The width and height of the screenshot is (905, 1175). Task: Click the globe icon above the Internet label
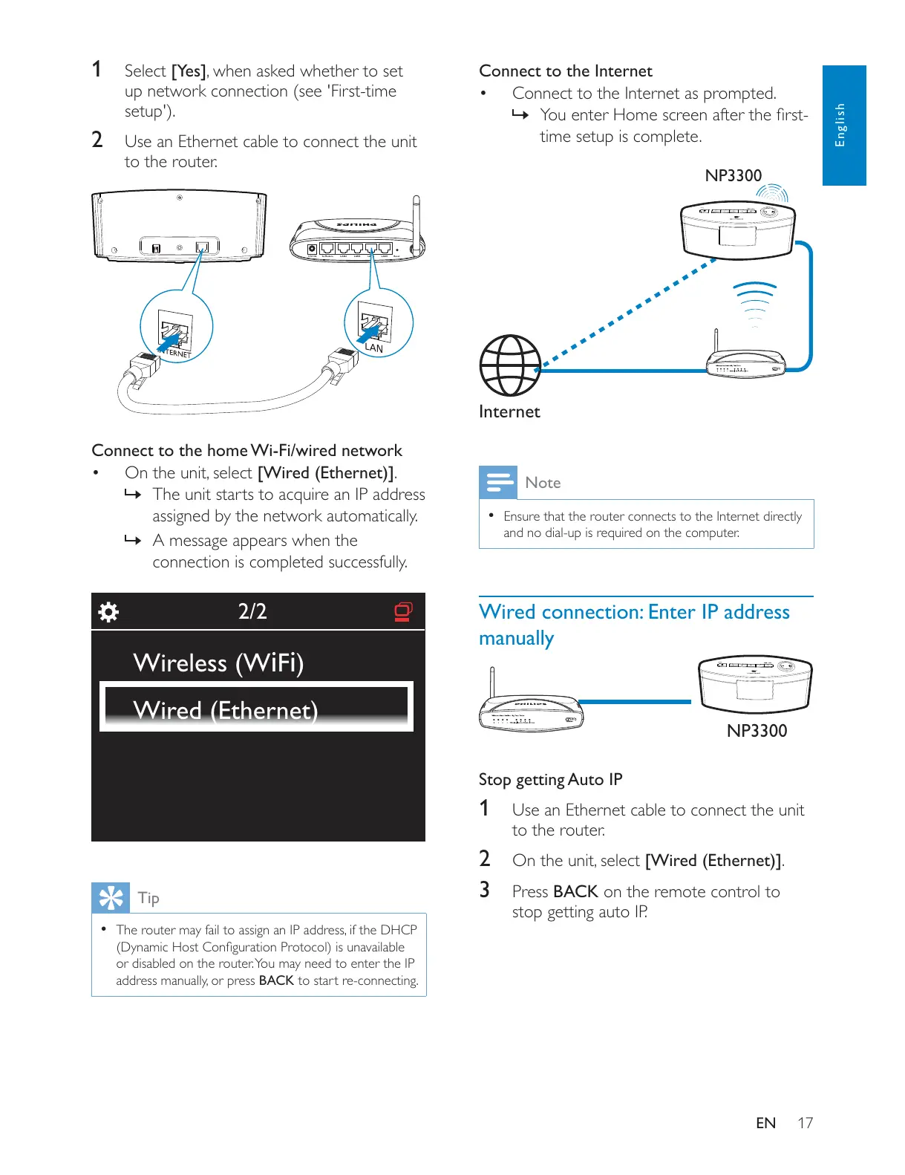(x=510, y=365)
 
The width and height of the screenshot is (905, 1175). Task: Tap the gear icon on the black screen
(x=108, y=612)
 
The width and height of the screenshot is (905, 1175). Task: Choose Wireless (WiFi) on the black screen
(x=218, y=663)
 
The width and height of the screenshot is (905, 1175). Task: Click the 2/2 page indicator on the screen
(x=252, y=611)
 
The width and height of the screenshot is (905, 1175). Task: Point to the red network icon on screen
(x=403, y=611)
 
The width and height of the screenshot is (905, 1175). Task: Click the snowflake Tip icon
(x=111, y=898)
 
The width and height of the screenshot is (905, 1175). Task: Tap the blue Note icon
(x=497, y=483)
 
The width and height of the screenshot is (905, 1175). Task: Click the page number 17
(x=806, y=1123)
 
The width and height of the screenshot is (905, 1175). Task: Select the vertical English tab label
(x=840, y=125)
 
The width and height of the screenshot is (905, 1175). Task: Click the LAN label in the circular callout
(x=374, y=348)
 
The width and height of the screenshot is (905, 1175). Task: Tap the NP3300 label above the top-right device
(x=733, y=176)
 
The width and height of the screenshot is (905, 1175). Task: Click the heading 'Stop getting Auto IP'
(x=550, y=779)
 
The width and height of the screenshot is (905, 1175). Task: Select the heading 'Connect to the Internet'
(x=566, y=71)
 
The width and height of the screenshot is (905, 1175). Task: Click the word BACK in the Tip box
(x=276, y=980)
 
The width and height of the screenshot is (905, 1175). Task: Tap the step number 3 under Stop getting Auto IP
(x=484, y=890)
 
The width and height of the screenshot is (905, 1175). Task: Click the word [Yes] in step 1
(x=189, y=71)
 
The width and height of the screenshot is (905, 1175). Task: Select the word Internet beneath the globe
(x=509, y=411)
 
